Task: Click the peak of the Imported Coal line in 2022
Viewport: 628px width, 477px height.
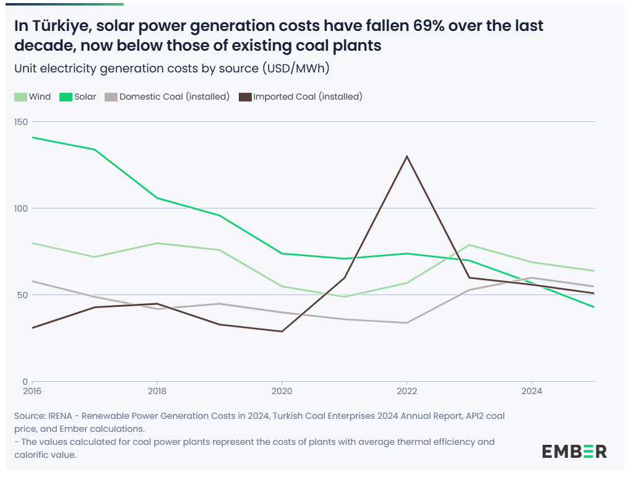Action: click(x=406, y=157)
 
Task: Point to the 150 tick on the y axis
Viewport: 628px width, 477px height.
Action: click(x=21, y=122)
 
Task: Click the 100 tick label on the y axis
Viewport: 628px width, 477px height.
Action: click(x=21, y=208)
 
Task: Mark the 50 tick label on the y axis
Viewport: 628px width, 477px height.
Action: click(x=23, y=295)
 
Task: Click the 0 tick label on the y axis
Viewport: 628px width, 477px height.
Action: click(x=25, y=382)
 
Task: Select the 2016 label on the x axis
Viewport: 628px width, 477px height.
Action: click(x=32, y=391)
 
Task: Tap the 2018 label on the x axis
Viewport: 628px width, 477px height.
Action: click(x=157, y=391)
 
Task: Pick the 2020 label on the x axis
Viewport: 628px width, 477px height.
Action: click(x=282, y=391)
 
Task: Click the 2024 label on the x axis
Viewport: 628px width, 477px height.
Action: click(x=531, y=391)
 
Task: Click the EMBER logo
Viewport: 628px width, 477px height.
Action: click(x=574, y=451)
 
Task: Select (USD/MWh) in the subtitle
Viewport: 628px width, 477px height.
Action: click(x=296, y=68)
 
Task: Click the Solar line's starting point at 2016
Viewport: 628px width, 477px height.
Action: click(x=32, y=137)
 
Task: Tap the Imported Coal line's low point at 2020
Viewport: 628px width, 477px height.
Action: click(x=282, y=332)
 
